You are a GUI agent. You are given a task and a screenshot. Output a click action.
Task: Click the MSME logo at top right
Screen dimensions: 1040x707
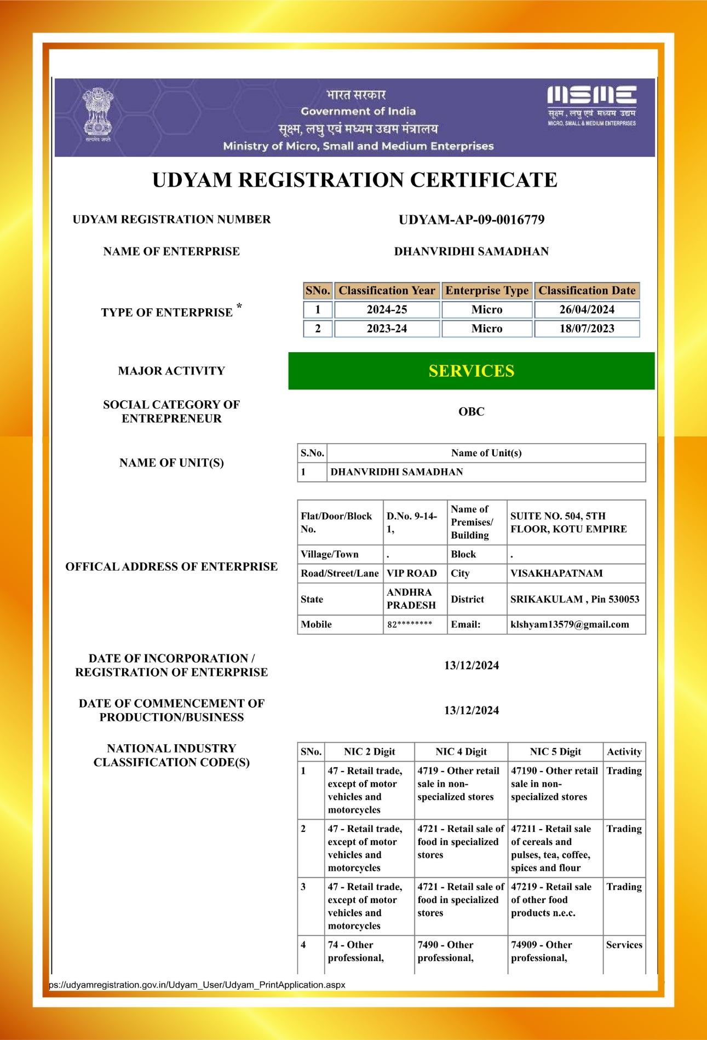click(x=591, y=106)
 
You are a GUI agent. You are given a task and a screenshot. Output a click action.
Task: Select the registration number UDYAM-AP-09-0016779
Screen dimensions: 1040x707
click(x=471, y=220)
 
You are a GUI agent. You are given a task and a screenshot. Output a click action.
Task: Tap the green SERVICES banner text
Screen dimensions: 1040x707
click(x=471, y=371)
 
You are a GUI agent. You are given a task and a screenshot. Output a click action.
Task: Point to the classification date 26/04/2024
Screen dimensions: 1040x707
click(x=587, y=309)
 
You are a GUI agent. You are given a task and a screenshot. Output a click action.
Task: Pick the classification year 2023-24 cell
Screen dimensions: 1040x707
click(x=387, y=329)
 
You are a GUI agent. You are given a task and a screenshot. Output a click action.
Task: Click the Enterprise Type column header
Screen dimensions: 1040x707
click(x=487, y=291)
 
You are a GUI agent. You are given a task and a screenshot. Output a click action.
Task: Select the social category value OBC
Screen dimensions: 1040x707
click(x=471, y=411)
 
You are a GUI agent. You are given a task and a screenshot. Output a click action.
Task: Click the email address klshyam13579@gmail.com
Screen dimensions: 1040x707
click(x=570, y=624)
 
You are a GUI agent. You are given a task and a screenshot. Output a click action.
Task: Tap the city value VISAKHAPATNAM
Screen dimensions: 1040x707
click(x=556, y=573)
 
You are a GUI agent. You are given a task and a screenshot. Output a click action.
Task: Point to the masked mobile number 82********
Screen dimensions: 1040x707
click(x=410, y=624)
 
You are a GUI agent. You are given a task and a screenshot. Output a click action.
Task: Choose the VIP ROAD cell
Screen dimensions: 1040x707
click(x=412, y=573)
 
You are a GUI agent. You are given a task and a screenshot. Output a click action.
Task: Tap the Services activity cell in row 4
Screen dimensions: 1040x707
click(x=624, y=945)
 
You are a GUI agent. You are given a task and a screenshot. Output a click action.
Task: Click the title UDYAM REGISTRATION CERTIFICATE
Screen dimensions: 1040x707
click(x=354, y=180)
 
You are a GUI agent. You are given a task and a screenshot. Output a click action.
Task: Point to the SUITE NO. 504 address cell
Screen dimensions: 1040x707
click(x=568, y=522)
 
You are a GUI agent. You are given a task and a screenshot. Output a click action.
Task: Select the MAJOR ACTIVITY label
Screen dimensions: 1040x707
click(x=171, y=371)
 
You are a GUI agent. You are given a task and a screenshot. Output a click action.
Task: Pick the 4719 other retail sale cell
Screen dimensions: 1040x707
click(x=458, y=784)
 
